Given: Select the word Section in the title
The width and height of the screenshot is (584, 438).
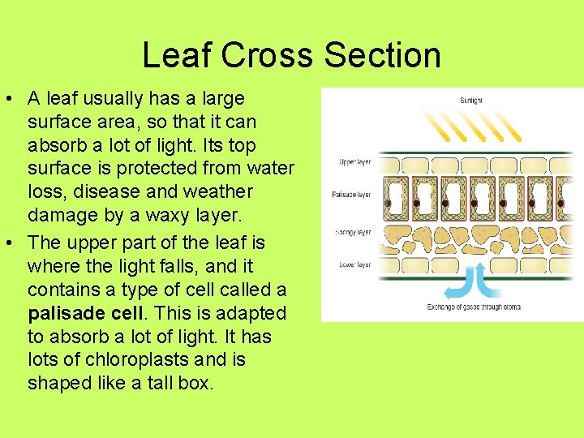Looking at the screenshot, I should coord(382,55).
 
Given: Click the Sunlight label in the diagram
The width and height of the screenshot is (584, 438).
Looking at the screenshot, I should coord(470,101).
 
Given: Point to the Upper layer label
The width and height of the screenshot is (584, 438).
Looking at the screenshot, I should coord(354,162).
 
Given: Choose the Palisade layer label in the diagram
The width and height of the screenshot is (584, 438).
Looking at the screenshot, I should coord(352,195).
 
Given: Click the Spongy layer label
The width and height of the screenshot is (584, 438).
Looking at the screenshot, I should coord(353,232).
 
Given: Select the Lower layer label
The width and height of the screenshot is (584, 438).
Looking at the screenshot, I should coord(354,264).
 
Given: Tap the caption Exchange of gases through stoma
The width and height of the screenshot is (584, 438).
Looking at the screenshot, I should coord(474,307).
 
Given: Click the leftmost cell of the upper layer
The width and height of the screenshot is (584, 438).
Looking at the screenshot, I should coord(390,165).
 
